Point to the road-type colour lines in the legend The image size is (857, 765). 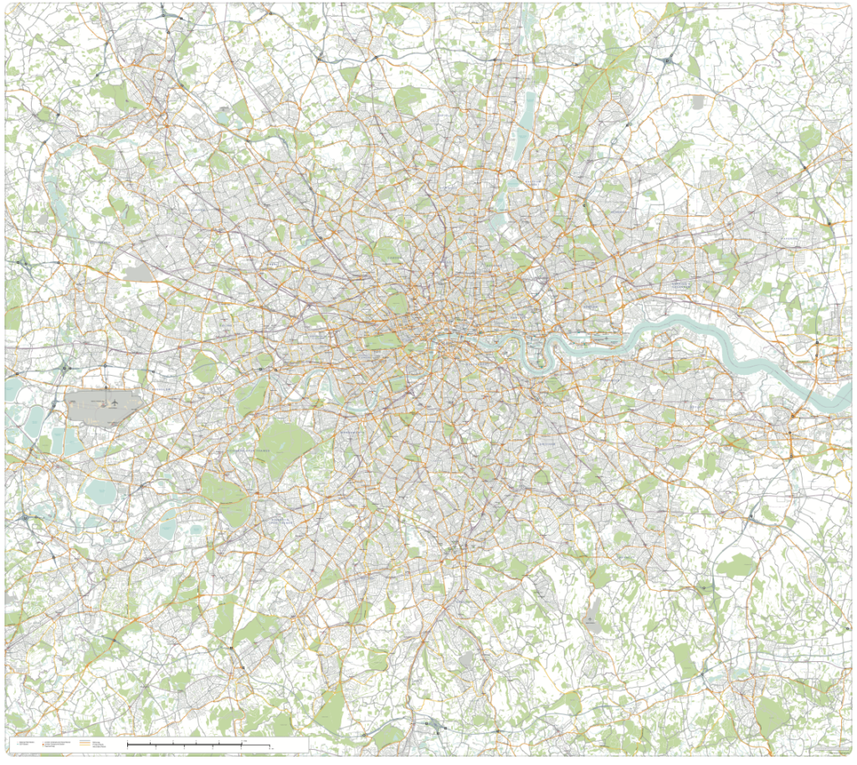[x=87, y=743]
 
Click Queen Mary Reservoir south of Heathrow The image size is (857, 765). [x=100, y=492]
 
